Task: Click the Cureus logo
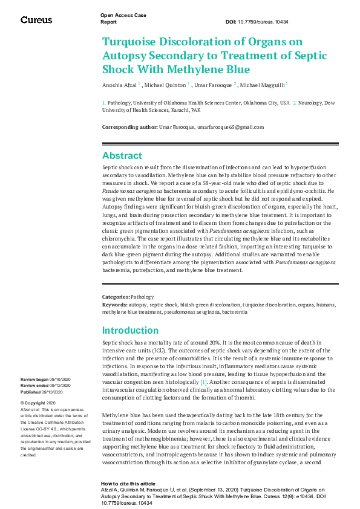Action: pyautogui.click(x=36, y=20)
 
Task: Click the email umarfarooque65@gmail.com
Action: pyautogui.click(x=234, y=127)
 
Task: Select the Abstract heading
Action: pyautogui.click(x=122, y=155)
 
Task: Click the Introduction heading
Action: pyautogui.click(x=130, y=331)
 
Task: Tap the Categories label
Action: pyautogui.click(x=116, y=297)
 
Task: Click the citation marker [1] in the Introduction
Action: pyautogui.click(x=204, y=382)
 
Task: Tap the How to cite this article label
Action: pyautogui.click(x=128, y=484)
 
